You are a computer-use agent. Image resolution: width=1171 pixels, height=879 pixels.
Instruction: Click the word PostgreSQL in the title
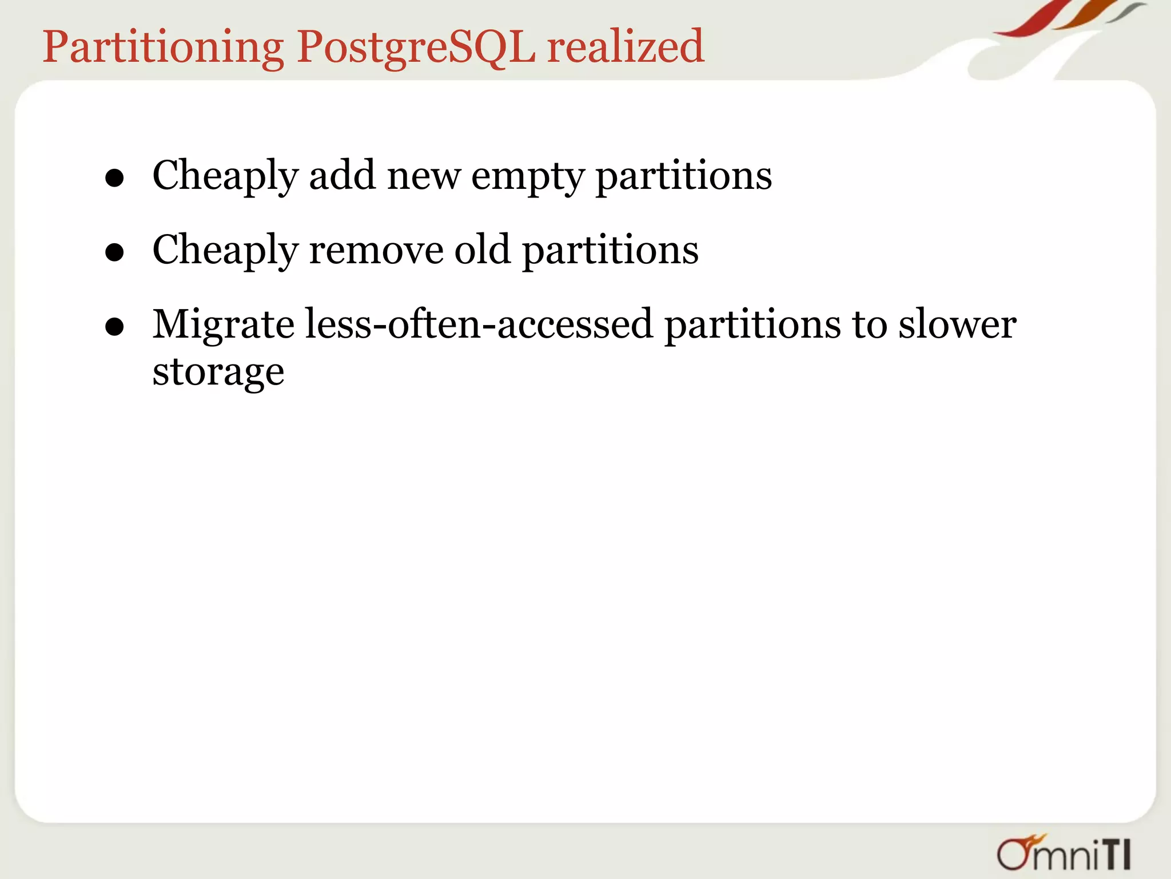click(x=416, y=47)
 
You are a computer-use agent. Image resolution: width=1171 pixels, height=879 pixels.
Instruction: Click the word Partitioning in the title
click(x=164, y=47)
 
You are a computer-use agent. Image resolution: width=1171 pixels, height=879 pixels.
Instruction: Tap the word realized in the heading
click(x=626, y=47)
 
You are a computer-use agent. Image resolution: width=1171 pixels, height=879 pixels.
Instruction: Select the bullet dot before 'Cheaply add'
click(x=115, y=178)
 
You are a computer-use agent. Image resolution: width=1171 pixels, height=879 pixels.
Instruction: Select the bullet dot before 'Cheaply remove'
click(x=115, y=252)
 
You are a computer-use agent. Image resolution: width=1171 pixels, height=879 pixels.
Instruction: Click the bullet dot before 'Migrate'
click(x=115, y=327)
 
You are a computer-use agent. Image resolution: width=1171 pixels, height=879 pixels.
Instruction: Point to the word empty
click(x=527, y=176)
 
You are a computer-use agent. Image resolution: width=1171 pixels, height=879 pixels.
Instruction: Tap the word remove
click(x=376, y=250)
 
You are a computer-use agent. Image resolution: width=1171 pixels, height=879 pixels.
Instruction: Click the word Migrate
click(x=224, y=325)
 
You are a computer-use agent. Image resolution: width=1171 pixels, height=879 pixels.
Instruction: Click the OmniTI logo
click(x=1064, y=853)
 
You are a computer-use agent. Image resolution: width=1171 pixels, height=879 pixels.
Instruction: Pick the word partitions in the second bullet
click(x=610, y=250)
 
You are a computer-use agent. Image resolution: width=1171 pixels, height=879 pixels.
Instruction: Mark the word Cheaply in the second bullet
click(x=225, y=250)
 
